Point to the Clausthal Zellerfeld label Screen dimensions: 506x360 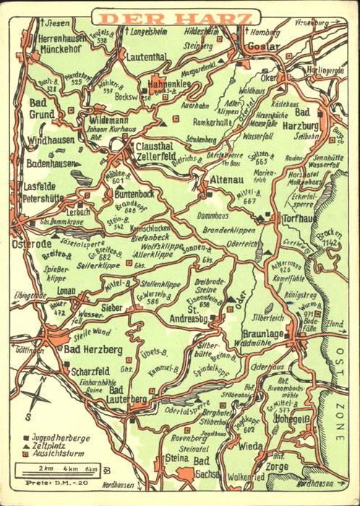pyautogui.click(x=154, y=150)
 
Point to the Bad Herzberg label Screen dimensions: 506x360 pyautogui.click(x=91, y=350)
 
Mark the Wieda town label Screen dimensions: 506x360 pyautogui.click(x=252, y=446)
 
